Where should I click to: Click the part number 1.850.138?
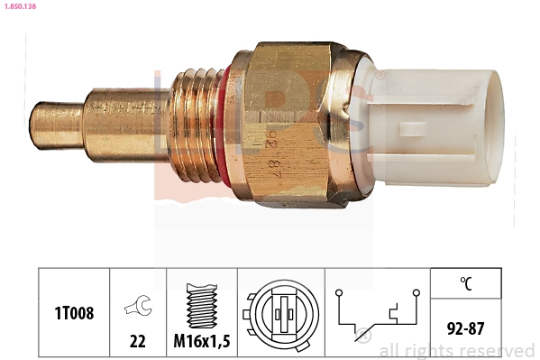pos(21,5)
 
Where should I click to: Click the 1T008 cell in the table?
pos(72,313)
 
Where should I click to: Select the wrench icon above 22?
pos(138,307)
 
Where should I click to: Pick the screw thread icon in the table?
pos(200,302)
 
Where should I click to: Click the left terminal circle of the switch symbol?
pos(338,292)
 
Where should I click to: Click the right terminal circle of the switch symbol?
pos(417,292)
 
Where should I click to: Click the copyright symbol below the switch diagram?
pos(364,338)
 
